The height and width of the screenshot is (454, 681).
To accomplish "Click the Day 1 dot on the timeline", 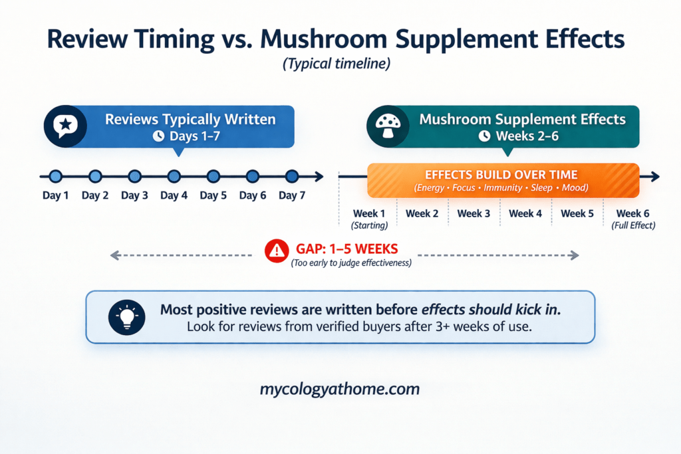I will click(55, 176).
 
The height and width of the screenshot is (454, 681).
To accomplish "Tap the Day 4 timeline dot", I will click(174, 176).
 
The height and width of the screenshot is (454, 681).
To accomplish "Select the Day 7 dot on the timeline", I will click(292, 176).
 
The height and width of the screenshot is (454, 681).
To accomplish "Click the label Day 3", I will click(134, 195).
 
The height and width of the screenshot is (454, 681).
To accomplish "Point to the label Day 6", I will click(253, 195).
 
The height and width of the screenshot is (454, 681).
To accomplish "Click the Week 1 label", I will click(369, 213).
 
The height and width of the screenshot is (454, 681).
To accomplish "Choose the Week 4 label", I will click(525, 213).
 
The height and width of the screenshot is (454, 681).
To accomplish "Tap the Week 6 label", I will click(632, 213).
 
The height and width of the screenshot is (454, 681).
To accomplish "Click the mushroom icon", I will click(387, 126).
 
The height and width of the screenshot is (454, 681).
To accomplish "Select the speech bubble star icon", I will click(65, 126).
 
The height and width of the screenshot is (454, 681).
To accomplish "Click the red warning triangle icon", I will click(275, 251).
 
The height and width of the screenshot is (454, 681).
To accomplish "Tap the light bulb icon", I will click(126, 317).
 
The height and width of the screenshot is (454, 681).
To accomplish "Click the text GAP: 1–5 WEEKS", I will click(346, 250).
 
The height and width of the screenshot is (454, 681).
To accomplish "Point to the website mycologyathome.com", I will click(340, 389).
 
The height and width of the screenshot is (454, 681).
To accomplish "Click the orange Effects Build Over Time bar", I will click(503, 180).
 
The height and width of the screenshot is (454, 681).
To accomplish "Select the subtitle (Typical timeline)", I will click(340, 66).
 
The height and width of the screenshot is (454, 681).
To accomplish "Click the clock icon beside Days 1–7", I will click(158, 136).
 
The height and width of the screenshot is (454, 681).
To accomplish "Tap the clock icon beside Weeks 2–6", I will click(484, 136).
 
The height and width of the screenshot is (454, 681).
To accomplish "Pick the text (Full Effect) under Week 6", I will click(633, 225).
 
